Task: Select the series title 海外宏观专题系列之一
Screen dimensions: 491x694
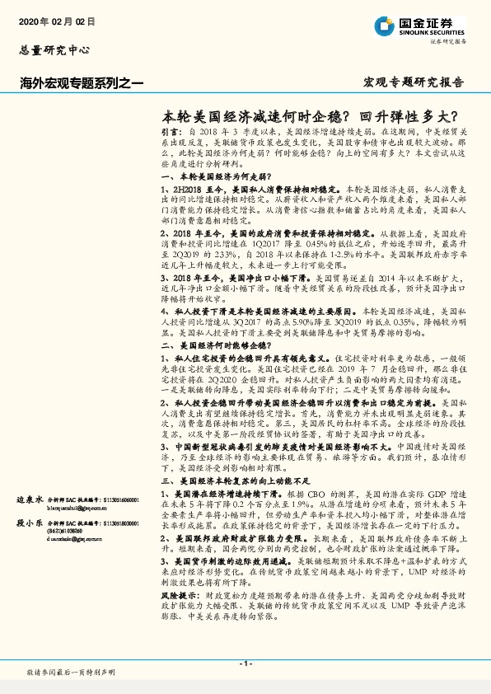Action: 82,82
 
